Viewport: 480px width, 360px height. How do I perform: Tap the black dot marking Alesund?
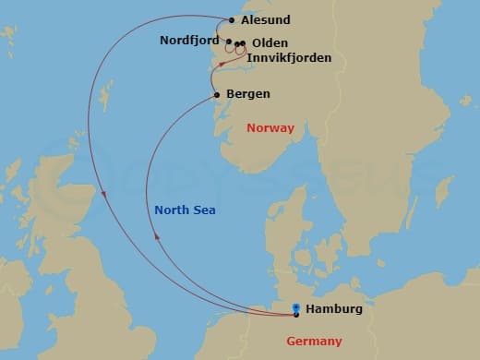231,19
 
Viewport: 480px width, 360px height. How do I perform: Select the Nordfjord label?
189,41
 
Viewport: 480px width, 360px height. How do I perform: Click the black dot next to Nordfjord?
229,42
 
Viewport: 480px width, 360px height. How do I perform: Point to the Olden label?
269,43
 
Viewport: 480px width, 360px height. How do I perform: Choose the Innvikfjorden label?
289,58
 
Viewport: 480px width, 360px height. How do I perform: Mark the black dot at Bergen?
217,94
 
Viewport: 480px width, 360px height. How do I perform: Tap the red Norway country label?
270,128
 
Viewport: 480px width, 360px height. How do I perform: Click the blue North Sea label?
185,210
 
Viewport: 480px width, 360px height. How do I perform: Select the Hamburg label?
333,309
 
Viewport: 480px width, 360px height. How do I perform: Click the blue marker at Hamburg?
295,310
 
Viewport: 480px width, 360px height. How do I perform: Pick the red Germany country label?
314,341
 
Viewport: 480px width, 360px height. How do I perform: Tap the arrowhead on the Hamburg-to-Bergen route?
157,236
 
